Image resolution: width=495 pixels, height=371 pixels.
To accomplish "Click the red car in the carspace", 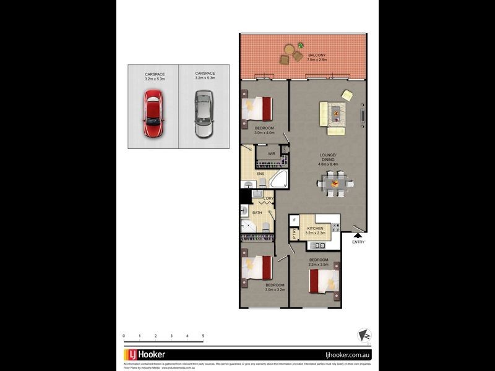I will click(x=153, y=114).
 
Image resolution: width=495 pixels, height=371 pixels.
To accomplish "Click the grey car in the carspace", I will click(x=204, y=114).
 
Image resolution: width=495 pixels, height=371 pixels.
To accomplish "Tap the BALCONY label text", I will click(x=317, y=56).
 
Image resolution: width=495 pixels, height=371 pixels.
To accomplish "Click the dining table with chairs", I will click(x=335, y=184).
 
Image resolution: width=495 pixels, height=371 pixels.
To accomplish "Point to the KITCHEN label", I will click(x=315, y=228).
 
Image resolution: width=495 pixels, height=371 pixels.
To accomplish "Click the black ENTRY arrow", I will click(x=357, y=234).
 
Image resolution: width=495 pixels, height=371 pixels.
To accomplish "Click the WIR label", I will click(x=271, y=153).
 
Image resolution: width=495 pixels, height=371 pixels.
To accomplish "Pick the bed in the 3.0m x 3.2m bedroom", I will click(x=258, y=270).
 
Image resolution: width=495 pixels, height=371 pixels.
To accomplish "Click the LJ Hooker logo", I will click(x=142, y=355).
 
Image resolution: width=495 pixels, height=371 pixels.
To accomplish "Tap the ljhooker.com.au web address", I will click(x=347, y=355).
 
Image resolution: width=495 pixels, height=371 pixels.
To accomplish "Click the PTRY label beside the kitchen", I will click(x=294, y=235).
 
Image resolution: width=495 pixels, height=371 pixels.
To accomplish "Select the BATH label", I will click(x=256, y=213).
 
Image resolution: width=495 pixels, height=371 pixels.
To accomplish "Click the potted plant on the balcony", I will click(x=300, y=46).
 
